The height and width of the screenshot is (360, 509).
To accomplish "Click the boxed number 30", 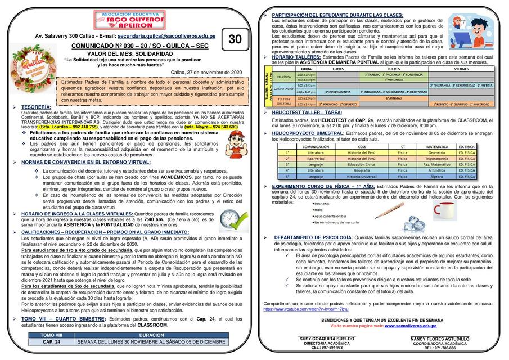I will click(x=235, y=39).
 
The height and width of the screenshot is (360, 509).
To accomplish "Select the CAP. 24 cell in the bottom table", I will click(x=51, y=341).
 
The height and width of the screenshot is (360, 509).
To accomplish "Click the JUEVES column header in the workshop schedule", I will click(x=394, y=69).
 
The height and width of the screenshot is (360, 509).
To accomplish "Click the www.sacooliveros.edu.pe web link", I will click(x=413, y=326).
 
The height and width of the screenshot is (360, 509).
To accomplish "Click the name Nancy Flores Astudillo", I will click(x=440, y=339).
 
